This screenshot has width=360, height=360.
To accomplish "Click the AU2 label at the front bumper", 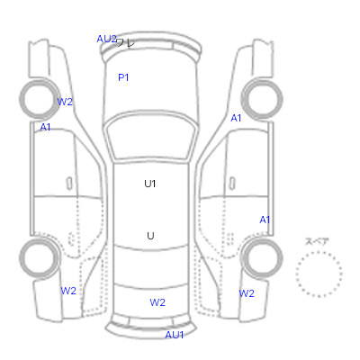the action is (x=106, y=39).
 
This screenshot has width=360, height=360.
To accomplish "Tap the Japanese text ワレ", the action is (x=125, y=43).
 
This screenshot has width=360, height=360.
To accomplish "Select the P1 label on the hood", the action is (x=123, y=77).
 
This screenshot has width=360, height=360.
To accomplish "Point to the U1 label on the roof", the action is (x=150, y=184).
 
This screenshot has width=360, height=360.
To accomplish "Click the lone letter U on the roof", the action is (x=150, y=236).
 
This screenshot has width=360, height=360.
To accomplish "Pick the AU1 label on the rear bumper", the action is (x=175, y=335).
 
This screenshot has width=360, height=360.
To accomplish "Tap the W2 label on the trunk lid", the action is (x=157, y=302).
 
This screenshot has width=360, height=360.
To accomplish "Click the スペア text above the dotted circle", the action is (x=317, y=241).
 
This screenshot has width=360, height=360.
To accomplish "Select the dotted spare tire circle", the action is (x=319, y=252).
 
